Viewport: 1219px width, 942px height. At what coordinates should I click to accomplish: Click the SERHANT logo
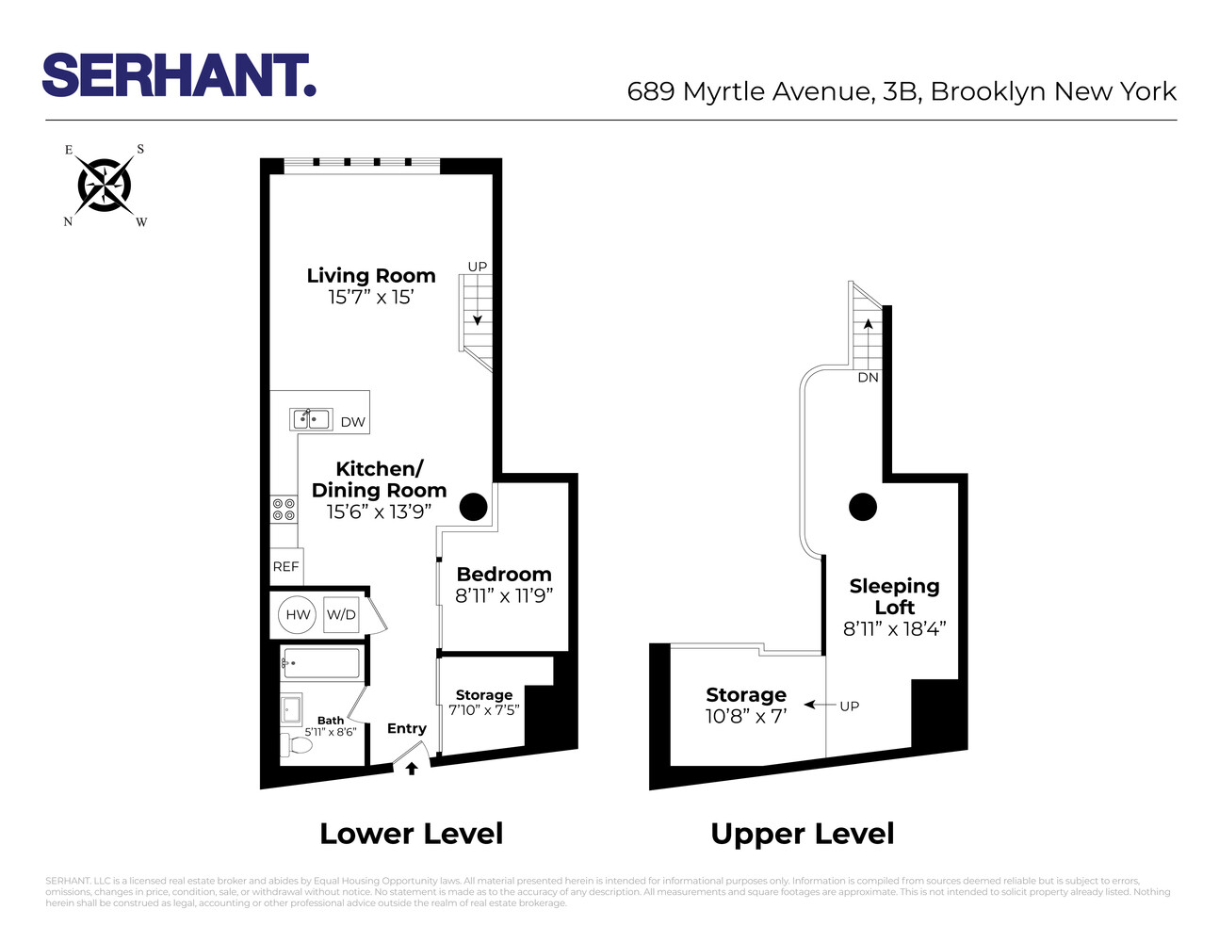179,75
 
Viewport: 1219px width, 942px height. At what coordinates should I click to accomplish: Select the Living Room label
371,276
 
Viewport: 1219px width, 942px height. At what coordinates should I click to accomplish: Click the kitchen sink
312,419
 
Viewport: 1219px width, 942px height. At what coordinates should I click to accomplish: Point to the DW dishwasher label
353,422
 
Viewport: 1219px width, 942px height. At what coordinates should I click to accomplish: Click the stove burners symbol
284,510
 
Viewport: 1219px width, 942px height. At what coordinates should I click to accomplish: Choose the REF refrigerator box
286,566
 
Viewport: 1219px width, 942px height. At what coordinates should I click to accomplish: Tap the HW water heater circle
298,615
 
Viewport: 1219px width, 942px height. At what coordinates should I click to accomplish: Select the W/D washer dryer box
341,615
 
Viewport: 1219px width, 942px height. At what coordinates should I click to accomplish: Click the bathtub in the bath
321,663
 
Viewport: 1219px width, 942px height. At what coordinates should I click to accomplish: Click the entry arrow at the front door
412,769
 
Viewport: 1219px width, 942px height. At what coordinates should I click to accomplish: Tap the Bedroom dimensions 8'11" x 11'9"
504,596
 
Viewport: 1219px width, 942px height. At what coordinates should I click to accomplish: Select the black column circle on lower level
473,507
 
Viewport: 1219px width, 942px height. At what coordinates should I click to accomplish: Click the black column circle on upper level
863,507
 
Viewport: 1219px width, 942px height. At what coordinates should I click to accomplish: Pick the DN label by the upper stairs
868,378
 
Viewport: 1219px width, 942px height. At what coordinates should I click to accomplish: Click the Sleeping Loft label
894,596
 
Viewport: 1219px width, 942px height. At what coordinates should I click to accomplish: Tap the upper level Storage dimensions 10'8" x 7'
746,716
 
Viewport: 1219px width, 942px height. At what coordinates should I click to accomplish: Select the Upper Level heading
803,834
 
